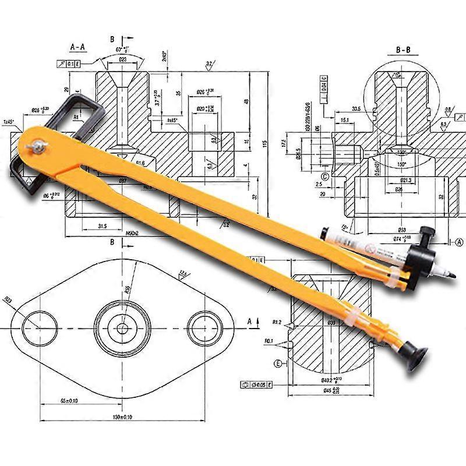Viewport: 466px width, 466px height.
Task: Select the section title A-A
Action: point(79,46)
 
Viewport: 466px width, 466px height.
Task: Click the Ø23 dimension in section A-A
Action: point(123,59)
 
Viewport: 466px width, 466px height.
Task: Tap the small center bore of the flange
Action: point(123,327)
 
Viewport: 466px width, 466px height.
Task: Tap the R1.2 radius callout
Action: point(277,322)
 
